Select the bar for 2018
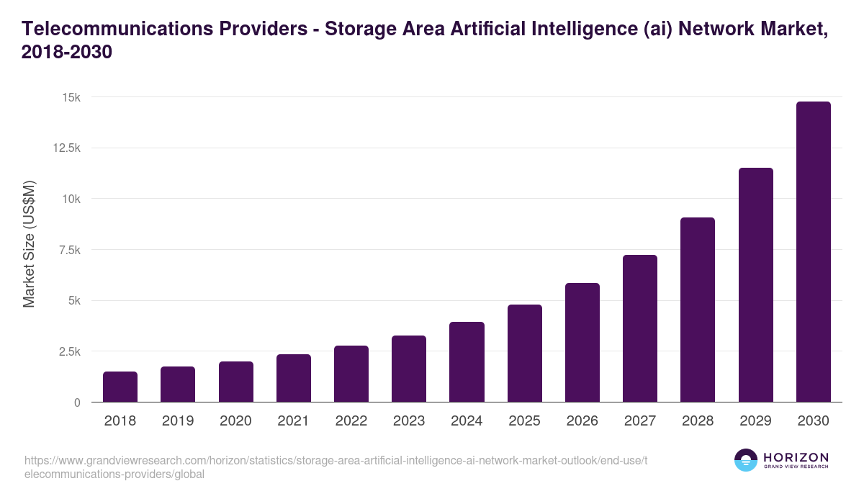(x=120, y=387)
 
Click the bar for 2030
(x=814, y=252)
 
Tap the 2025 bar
(x=524, y=354)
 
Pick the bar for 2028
(x=698, y=310)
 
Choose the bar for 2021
(x=294, y=378)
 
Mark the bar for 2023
(x=409, y=369)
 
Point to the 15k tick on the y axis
(x=71, y=97)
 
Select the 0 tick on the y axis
(x=76, y=402)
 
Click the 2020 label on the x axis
(x=235, y=421)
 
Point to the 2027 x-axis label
(x=640, y=421)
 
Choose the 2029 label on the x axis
(x=755, y=421)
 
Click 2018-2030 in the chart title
(x=67, y=53)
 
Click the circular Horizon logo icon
(x=746, y=460)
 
